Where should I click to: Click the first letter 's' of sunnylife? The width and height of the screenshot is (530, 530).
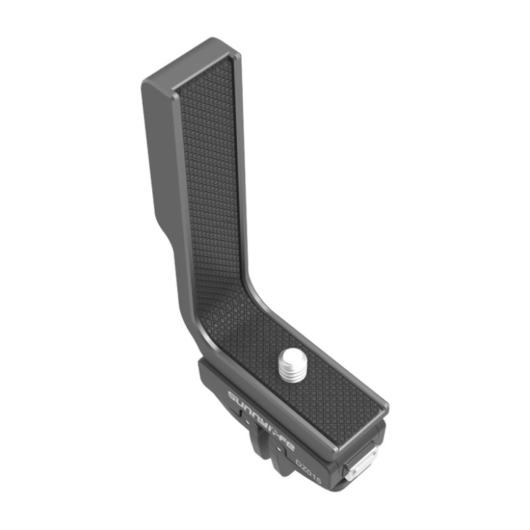point(232,397)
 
